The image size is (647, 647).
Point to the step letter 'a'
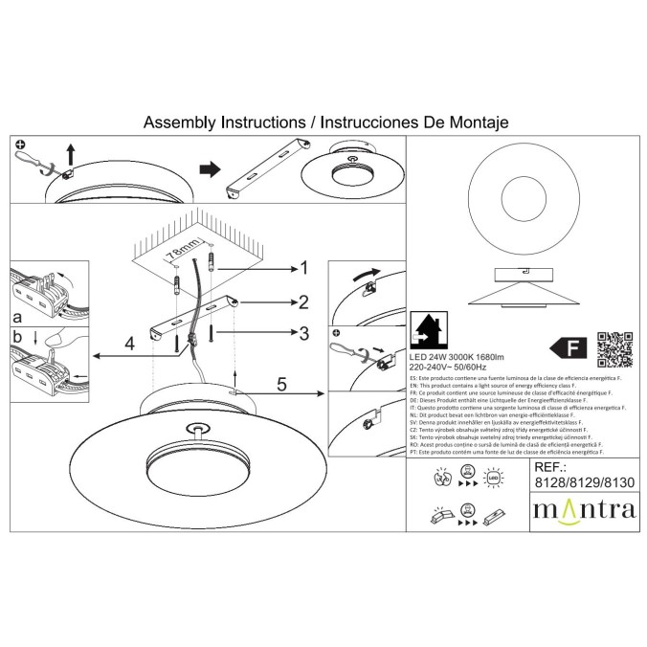click(x=17, y=315)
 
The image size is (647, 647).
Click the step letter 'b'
click(x=17, y=336)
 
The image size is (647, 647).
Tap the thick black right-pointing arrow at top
click(x=207, y=168)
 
